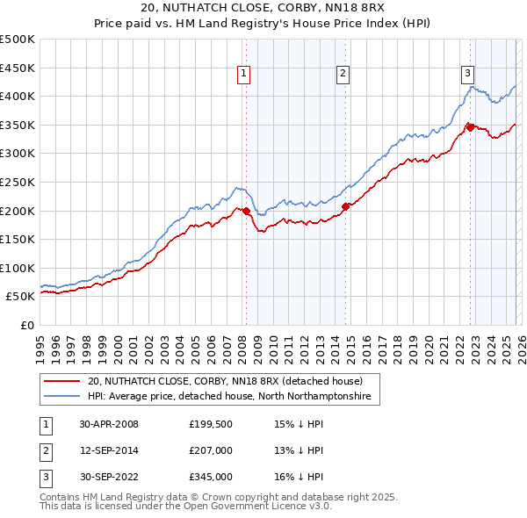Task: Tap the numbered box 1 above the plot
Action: point(242,75)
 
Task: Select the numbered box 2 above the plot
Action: point(343,75)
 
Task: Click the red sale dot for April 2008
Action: point(247,211)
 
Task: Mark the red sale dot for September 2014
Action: point(346,206)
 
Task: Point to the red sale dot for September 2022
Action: point(470,127)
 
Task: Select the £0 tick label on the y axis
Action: point(26,325)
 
